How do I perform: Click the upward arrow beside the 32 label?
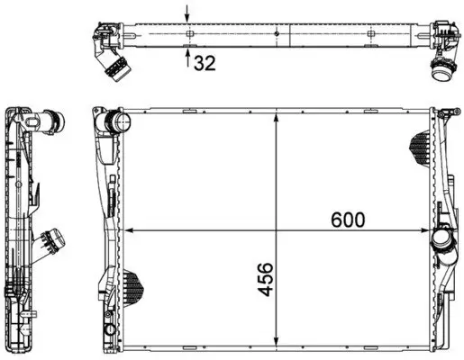(x=187, y=60)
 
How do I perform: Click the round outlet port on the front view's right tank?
(x=441, y=241)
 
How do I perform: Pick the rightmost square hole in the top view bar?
(x=372, y=35)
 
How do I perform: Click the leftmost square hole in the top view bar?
(x=190, y=35)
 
